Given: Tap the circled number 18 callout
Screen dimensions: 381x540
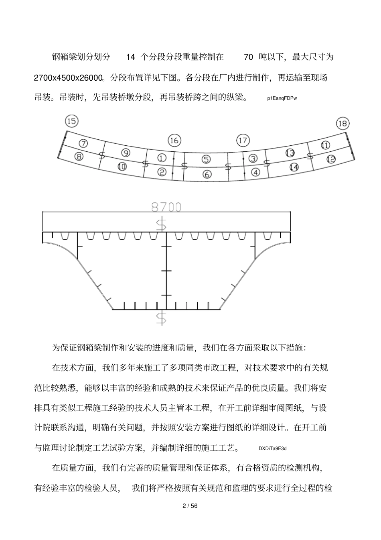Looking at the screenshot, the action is [x=342, y=123].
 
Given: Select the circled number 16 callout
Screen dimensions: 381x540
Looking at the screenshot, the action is [x=174, y=141].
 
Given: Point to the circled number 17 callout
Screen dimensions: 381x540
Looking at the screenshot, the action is [x=243, y=141].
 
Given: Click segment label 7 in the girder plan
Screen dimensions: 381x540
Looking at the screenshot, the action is [x=83, y=143].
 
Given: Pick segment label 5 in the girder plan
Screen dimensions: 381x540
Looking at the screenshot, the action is [x=206, y=159].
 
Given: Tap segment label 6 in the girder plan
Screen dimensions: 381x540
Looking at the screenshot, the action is [x=207, y=174].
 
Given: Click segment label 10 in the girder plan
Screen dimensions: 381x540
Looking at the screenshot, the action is [x=122, y=166].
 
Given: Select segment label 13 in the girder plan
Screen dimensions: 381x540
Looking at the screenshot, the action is [x=290, y=153].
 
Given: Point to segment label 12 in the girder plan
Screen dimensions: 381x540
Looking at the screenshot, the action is [x=331, y=159].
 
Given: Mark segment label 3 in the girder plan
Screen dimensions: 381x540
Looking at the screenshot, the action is [x=253, y=158].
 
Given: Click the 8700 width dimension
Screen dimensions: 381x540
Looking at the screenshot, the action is [x=166, y=207].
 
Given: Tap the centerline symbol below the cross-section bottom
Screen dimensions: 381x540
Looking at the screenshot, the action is [x=161, y=318].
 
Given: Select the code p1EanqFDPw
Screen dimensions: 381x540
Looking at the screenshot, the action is [x=284, y=98].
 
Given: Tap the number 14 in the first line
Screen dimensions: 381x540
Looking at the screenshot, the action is [x=131, y=57].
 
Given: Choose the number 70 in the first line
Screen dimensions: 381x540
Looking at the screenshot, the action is [x=248, y=57].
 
